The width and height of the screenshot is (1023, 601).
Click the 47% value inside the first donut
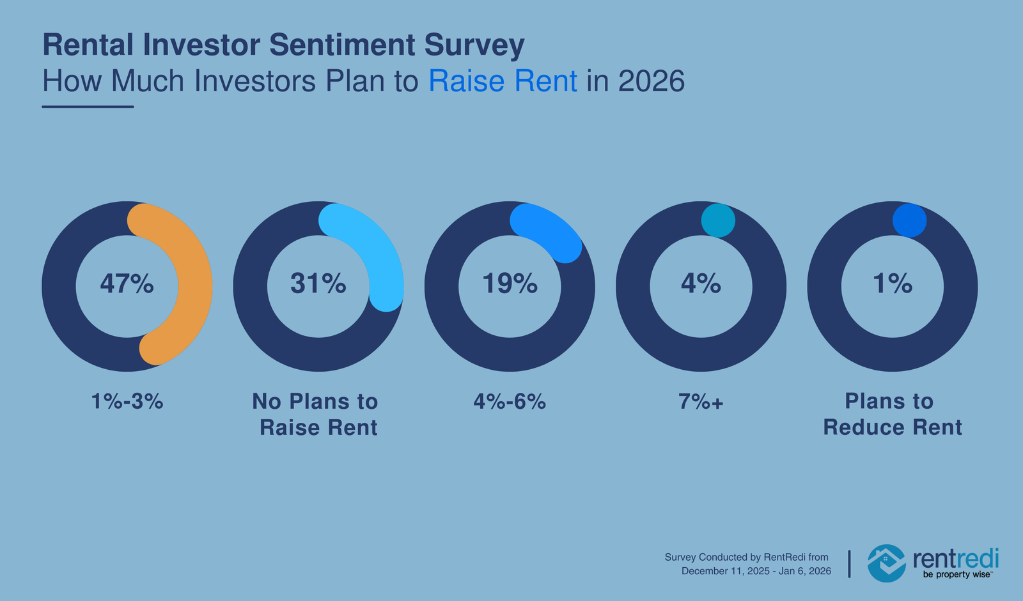click(x=127, y=284)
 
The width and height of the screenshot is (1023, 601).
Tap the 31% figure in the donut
click(x=318, y=284)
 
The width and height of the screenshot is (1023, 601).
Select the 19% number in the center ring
click(x=510, y=284)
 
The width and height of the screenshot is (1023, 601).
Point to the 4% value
click(x=701, y=284)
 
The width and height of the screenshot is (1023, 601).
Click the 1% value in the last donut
click(x=893, y=284)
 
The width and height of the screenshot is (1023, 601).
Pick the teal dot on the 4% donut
click(x=718, y=220)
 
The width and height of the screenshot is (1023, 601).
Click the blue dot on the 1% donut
click(x=909, y=220)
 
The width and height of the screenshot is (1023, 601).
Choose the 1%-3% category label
click(x=127, y=402)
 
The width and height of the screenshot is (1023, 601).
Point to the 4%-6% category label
click(x=510, y=402)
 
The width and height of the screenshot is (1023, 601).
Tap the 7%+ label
click(x=701, y=402)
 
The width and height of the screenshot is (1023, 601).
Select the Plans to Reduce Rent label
click(x=892, y=414)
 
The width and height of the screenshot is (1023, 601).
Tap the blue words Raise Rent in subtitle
click(x=503, y=82)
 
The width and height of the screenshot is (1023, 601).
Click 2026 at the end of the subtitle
click(x=652, y=82)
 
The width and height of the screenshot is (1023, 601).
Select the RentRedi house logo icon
click(x=886, y=563)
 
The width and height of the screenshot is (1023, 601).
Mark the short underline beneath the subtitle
click(x=88, y=107)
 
